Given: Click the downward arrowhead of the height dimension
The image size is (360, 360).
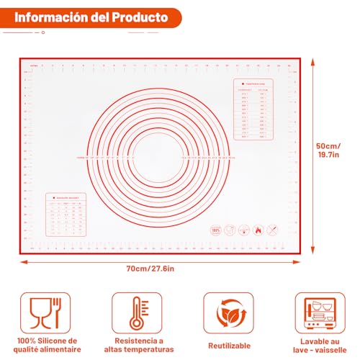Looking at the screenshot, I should [312, 247].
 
